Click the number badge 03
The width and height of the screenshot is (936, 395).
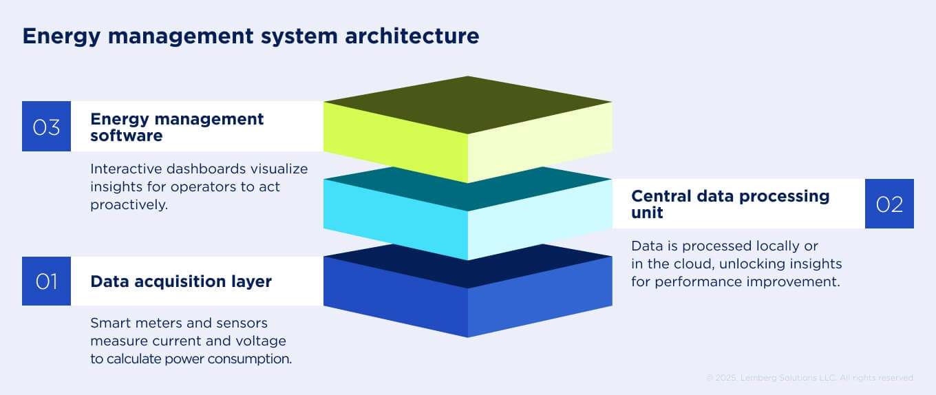coord(46,127)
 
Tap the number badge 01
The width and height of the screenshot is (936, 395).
coord(46,281)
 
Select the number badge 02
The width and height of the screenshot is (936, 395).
coord(889,204)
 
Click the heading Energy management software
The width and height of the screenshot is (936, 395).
coord(177,127)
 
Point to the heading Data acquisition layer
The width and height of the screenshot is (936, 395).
coord(181,281)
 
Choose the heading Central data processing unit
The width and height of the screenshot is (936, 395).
coord(730,204)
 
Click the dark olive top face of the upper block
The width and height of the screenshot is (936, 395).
coord(468,104)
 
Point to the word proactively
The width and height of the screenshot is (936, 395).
coord(129,205)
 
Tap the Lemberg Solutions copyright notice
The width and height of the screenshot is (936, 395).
coord(810,378)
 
